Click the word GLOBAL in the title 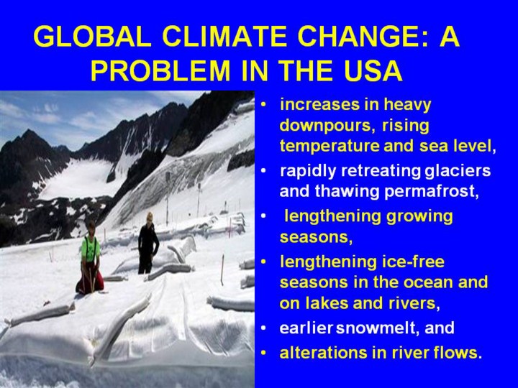[93, 37]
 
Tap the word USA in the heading [373, 70]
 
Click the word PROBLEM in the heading [160, 70]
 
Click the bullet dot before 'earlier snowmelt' [263, 328]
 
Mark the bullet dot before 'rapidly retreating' [263, 171]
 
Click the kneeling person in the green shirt [89, 258]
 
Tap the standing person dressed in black [148, 243]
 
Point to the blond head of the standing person [150, 217]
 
